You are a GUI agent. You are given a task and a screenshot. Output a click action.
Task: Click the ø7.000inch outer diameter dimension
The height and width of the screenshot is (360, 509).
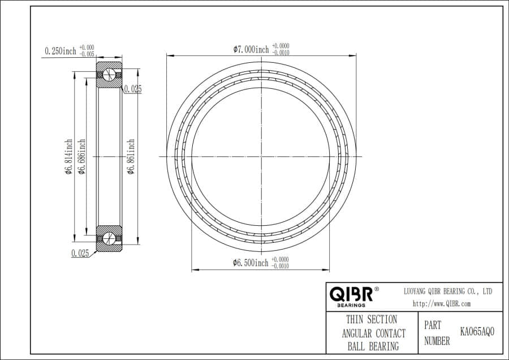(251, 49)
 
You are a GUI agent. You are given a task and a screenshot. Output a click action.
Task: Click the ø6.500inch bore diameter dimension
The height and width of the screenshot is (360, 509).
(251, 263)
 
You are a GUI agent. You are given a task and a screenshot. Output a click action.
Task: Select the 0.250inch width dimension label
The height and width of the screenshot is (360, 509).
(60, 51)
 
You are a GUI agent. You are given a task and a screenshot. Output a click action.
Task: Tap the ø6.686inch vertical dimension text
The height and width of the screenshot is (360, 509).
(81, 157)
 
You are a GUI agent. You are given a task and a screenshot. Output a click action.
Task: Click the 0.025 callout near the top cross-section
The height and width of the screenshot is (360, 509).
(132, 89)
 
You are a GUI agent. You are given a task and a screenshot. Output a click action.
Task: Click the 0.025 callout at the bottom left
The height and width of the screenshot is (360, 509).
(80, 253)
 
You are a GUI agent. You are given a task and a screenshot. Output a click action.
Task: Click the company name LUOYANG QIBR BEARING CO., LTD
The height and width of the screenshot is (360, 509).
(447, 291)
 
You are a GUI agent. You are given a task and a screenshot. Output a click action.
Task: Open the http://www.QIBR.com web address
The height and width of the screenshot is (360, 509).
(442, 303)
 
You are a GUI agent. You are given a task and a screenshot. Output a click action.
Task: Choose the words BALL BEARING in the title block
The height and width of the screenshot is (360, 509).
(373, 346)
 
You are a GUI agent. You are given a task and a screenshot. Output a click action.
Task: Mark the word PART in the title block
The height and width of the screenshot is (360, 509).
(433, 326)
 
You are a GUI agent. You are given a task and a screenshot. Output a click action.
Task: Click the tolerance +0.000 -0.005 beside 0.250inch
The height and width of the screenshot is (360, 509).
(87, 51)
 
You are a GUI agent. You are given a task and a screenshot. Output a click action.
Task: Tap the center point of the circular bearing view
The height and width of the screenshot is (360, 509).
(261, 156)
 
